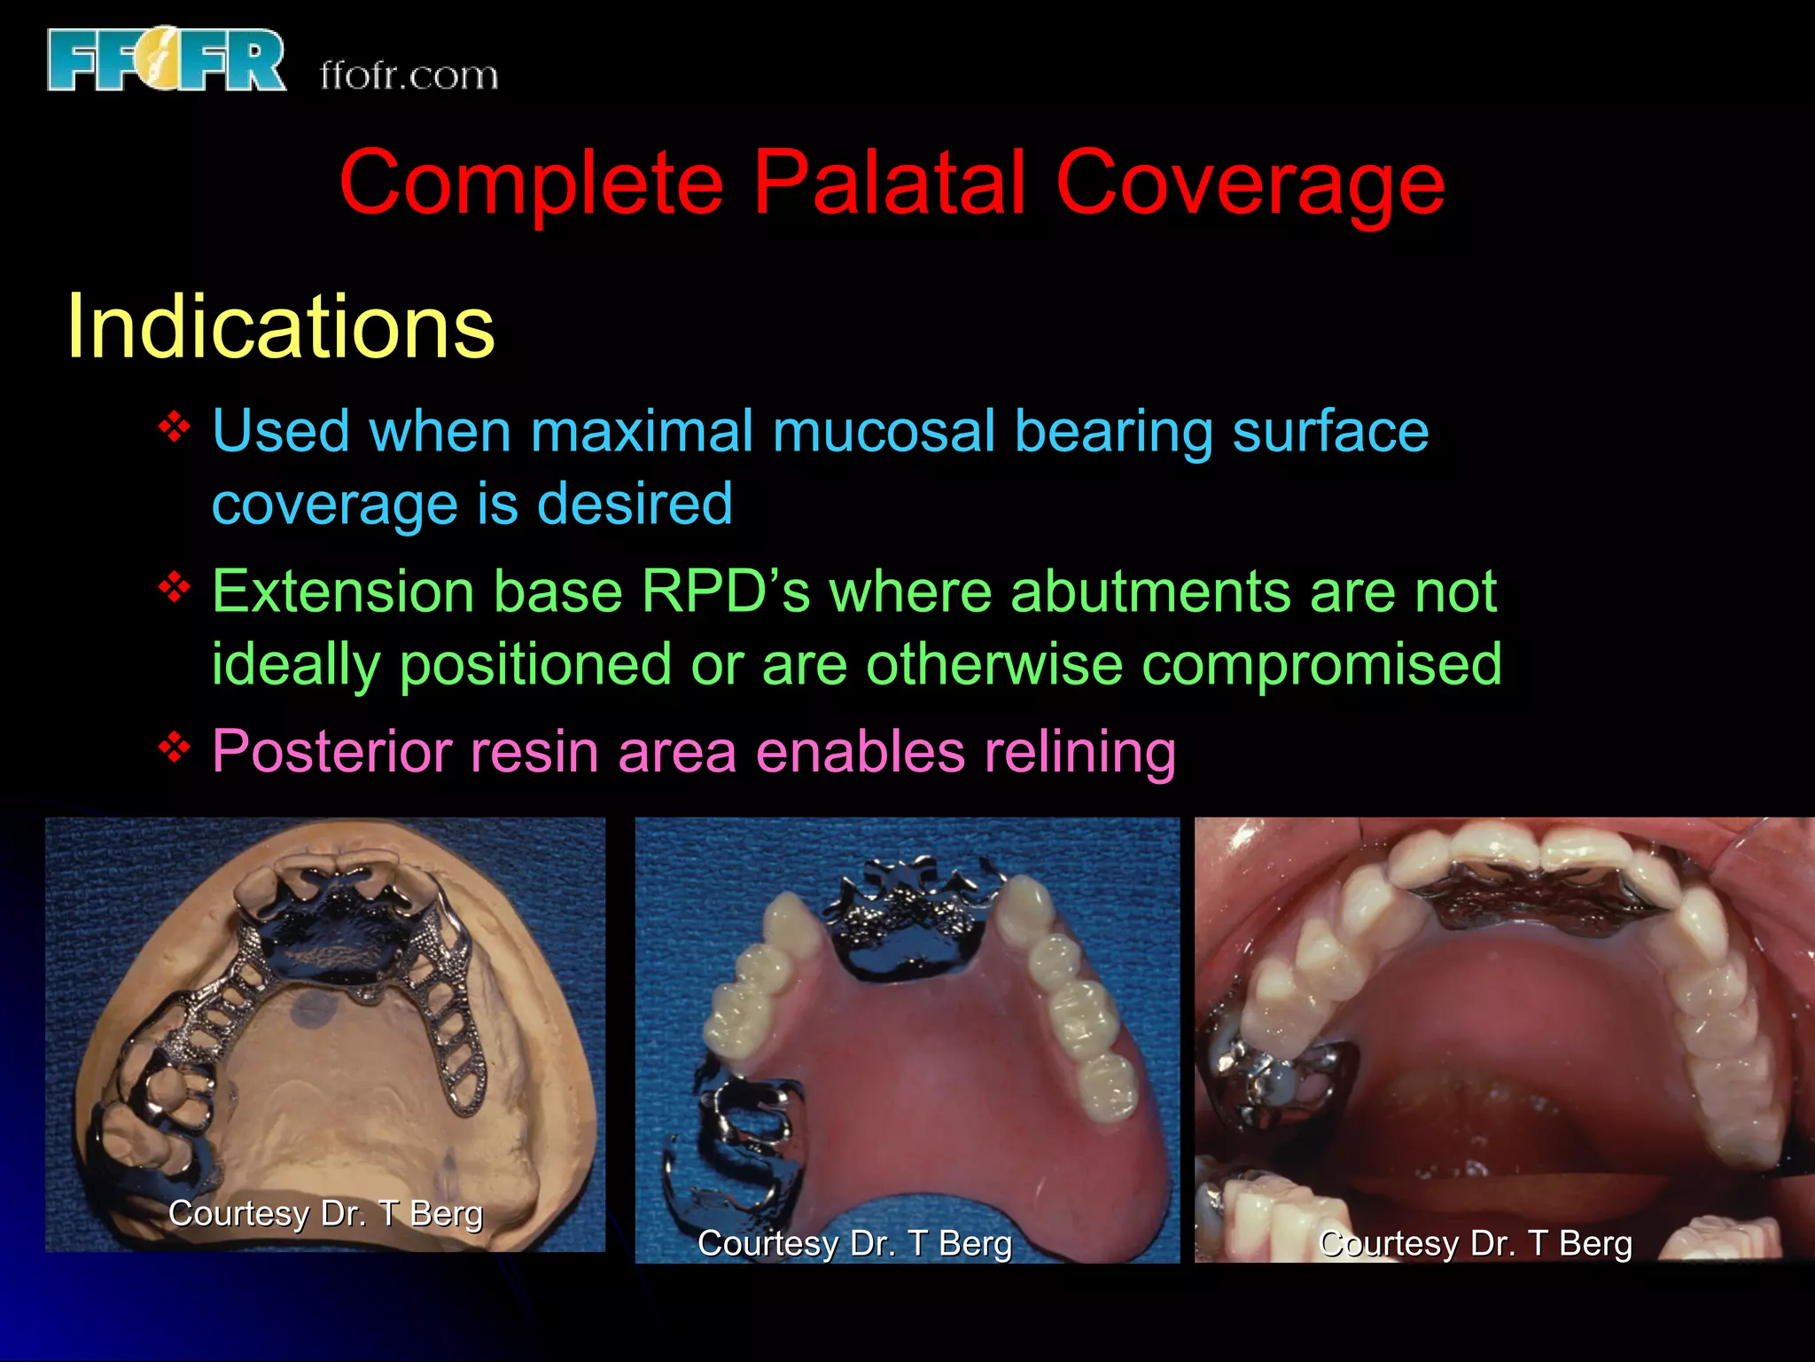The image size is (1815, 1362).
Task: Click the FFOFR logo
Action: pyautogui.click(x=167, y=60)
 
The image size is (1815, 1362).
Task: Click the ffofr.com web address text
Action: pyautogui.click(x=409, y=75)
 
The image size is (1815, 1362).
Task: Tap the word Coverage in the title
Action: pyautogui.click(x=1250, y=184)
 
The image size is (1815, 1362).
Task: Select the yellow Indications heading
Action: pyautogui.click(x=280, y=326)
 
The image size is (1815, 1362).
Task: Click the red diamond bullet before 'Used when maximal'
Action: pyautogui.click(x=175, y=427)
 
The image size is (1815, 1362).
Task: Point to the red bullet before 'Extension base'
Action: pyautogui.click(x=175, y=587)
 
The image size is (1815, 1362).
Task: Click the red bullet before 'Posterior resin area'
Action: pyautogui.click(x=175, y=748)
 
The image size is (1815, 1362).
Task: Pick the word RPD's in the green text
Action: pyautogui.click(x=725, y=591)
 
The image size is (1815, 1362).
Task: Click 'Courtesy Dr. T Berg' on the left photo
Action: pyautogui.click(x=325, y=1213)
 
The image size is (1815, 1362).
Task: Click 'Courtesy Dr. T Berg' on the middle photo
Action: pyautogui.click(x=854, y=1243)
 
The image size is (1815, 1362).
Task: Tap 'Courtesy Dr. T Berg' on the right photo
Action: pyautogui.click(x=1475, y=1243)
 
